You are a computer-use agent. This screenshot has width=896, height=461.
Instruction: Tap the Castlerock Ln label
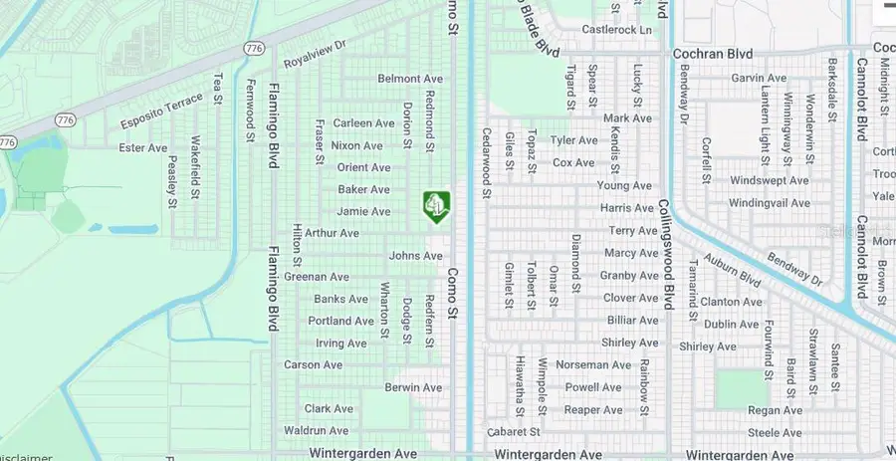coord(617,30)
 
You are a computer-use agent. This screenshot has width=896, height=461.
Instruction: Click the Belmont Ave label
coord(410,78)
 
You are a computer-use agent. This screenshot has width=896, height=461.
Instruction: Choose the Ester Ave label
coord(143,148)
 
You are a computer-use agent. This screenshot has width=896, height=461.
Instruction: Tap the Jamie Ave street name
coord(364,211)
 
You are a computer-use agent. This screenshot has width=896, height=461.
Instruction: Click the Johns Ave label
coord(415,256)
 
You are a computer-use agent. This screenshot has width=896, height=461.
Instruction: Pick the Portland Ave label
coord(341,321)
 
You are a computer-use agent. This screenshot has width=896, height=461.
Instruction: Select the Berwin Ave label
coord(413,387)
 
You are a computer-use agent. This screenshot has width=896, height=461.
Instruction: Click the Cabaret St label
coord(514,432)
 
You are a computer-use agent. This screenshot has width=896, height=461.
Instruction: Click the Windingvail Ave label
coord(770,202)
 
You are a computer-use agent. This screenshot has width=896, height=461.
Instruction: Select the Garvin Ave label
coord(759,78)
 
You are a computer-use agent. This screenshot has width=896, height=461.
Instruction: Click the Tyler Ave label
coord(573,140)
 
